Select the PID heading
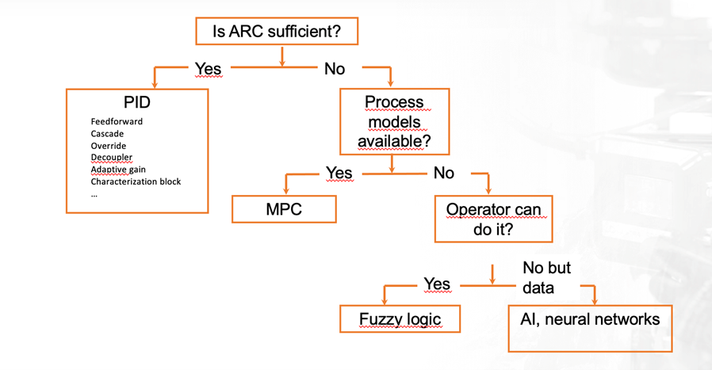tap(136, 102)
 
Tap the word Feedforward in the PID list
tap(117, 121)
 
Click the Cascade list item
tap(107, 133)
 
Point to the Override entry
tap(109, 146)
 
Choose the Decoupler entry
tap(112, 157)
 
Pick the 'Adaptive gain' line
tap(118, 170)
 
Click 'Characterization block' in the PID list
tap(136, 181)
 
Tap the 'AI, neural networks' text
tap(590, 319)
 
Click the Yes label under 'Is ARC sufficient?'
tap(209, 69)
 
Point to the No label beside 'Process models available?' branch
tap(444, 173)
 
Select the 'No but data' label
tap(547, 277)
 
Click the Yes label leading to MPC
tap(339, 173)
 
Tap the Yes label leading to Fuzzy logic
tap(438, 284)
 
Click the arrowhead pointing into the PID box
tap(155, 85)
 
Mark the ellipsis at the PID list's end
tap(94, 195)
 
